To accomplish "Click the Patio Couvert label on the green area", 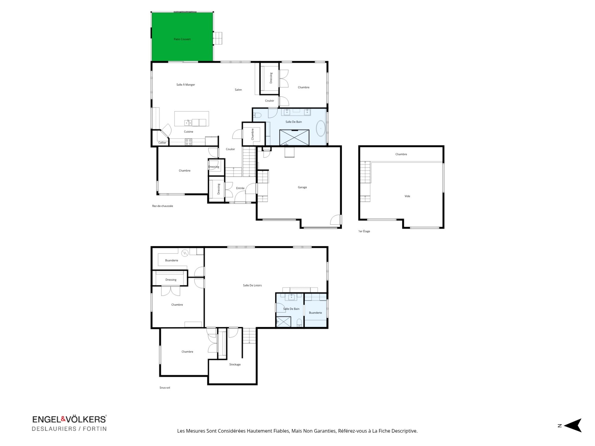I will [182, 39].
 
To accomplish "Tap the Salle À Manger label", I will [186, 85].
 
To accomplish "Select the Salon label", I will [238, 90].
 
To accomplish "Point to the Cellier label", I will [162, 143].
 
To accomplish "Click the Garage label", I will [302, 187].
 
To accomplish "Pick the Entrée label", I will [240, 188].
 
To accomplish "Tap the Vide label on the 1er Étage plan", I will [407, 196].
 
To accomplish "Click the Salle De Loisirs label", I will [252, 286].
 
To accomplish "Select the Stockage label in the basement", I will [235, 365].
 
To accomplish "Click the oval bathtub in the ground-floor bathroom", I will [320, 128].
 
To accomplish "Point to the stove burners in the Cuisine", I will [188, 142].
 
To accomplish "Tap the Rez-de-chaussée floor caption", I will [162, 206].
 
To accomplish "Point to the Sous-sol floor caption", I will [165, 388].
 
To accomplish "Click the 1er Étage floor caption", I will [364, 231].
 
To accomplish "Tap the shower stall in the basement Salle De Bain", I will [284, 322].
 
